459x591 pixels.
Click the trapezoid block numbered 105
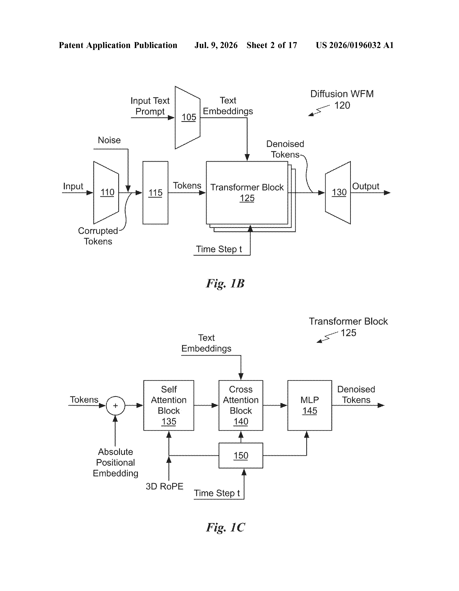(x=188, y=118)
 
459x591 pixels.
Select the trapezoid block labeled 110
(x=106, y=193)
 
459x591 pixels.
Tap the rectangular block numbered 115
(x=155, y=193)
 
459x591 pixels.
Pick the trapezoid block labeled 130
(x=338, y=193)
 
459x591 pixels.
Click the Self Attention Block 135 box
(x=169, y=405)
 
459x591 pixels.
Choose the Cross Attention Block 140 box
(x=241, y=405)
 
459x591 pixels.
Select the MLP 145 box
(x=310, y=405)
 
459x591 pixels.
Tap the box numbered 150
(x=241, y=455)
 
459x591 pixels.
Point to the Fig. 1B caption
(x=225, y=284)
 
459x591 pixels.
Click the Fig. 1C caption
(x=225, y=527)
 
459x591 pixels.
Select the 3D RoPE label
(x=164, y=486)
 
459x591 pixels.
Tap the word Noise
(x=109, y=140)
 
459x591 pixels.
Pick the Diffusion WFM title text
(x=342, y=94)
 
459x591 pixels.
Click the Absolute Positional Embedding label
(x=115, y=462)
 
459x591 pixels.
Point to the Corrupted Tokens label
(x=98, y=236)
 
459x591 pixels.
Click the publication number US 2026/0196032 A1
(x=355, y=45)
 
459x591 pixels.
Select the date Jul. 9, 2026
(x=216, y=45)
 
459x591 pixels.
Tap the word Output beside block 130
(x=366, y=186)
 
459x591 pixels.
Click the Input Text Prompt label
(x=150, y=106)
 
